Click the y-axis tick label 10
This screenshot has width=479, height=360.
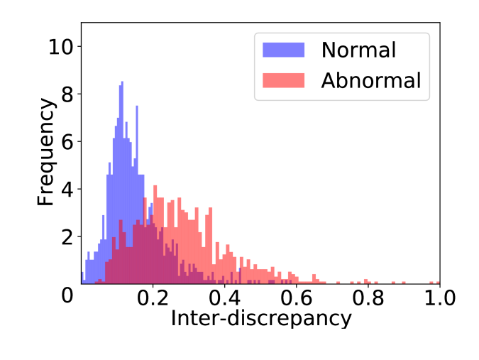point(60,48)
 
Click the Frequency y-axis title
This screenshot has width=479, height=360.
point(46,153)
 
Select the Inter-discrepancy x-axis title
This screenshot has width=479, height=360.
point(261,318)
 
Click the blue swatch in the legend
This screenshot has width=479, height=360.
point(283,50)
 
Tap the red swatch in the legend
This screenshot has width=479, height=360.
point(283,80)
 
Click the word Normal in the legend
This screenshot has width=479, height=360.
point(358,50)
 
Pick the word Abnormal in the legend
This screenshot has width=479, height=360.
point(370,80)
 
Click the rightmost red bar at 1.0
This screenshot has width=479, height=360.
point(439,281)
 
